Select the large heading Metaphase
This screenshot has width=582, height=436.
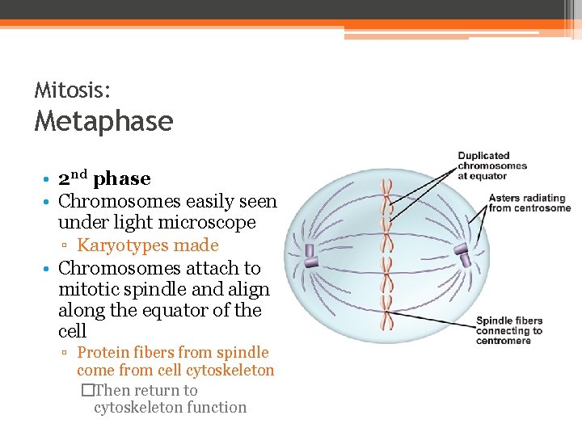tap(103, 121)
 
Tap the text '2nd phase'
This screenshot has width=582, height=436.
tap(104, 178)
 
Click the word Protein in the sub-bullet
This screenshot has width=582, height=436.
tap(103, 353)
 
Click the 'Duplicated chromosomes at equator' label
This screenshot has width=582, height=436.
tap(491, 166)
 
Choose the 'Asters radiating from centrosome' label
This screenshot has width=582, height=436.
tap(529, 203)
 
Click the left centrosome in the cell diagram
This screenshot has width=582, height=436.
tap(310, 257)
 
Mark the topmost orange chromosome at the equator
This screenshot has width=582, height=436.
tap(387, 188)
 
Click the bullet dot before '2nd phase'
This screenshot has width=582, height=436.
tap(48, 179)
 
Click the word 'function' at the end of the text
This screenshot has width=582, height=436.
tap(216, 408)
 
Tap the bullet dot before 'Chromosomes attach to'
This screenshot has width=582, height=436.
tap(48, 269)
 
